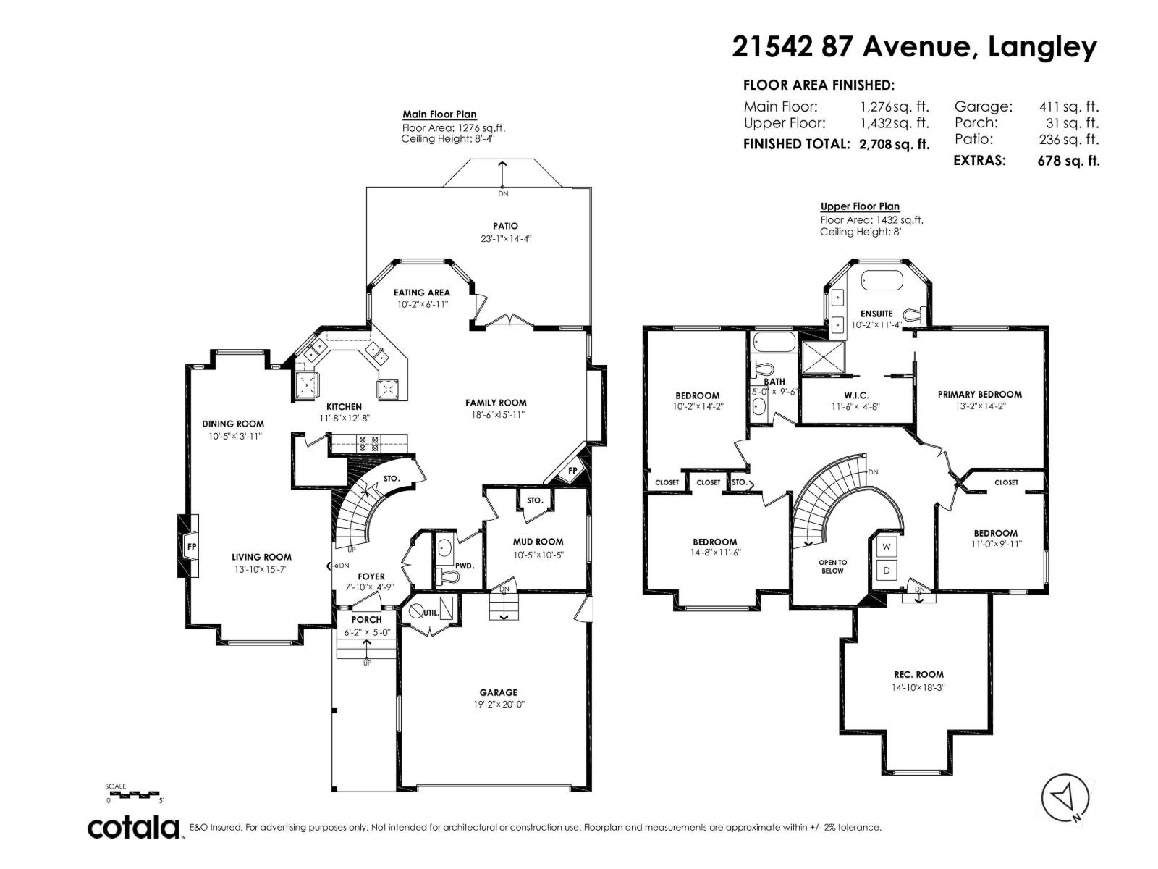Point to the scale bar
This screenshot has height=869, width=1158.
coord(132,794)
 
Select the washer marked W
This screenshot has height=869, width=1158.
coord(887,547)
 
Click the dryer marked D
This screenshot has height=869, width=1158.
coord(887,571)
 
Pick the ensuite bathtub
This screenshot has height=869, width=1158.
coord(882,280)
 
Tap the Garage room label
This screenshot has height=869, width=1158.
coord(498,692)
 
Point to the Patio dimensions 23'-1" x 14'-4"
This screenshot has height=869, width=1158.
coord(505,238)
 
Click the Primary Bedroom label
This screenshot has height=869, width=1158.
coord(980,394)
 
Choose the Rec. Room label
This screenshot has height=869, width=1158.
coord(918,674)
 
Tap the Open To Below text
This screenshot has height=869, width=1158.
coord(832,567)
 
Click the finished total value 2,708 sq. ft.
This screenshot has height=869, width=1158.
coord(895,144)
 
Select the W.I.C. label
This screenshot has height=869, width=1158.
coord(856,395)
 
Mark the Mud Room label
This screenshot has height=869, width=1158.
coord(538,542)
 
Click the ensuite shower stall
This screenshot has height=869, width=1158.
coord(822,357)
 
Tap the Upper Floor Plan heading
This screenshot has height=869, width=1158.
coord(860,206)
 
